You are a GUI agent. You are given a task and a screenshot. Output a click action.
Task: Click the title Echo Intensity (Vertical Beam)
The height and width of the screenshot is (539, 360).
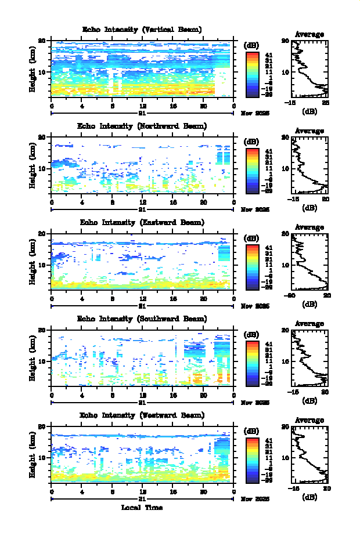point(142,30)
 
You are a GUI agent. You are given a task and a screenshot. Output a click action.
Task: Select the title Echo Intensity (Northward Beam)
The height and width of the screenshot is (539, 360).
point(142,126)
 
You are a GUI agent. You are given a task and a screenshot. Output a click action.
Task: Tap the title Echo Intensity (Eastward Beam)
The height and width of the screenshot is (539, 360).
point(142,222)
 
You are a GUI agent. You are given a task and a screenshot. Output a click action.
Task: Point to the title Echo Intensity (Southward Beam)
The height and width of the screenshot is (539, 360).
point(142,319)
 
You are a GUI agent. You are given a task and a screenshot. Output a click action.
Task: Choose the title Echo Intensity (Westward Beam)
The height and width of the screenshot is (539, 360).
point(142,415)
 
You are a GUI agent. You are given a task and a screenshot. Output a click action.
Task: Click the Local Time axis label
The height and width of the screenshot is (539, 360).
point(142,508)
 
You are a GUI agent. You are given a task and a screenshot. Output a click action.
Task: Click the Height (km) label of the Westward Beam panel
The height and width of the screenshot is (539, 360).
point(33,455)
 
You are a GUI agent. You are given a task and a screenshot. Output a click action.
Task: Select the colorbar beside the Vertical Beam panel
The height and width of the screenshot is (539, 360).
point(252,74)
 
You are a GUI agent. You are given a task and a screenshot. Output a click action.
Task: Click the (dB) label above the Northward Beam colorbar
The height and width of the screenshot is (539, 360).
point(252,142)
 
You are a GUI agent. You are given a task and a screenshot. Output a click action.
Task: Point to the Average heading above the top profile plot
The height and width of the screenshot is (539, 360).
point(309,34)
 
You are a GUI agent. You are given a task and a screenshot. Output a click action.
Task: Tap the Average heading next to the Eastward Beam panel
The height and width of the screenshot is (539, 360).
point(309,227)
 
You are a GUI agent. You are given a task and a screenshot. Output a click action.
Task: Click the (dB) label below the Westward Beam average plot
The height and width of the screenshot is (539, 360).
point(309,497)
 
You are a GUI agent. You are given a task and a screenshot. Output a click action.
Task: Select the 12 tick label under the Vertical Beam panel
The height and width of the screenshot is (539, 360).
point(143,106)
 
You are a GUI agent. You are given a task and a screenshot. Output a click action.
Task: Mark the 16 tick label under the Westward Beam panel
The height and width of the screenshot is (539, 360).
point(173,491)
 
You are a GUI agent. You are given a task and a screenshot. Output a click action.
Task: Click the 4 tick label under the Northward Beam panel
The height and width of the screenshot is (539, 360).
point(82,202)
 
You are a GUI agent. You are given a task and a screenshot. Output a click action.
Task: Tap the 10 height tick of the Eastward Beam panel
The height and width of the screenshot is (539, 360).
point(42,265)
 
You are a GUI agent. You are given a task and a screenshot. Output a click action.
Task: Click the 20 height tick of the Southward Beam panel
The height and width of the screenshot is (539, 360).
point(42,330)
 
